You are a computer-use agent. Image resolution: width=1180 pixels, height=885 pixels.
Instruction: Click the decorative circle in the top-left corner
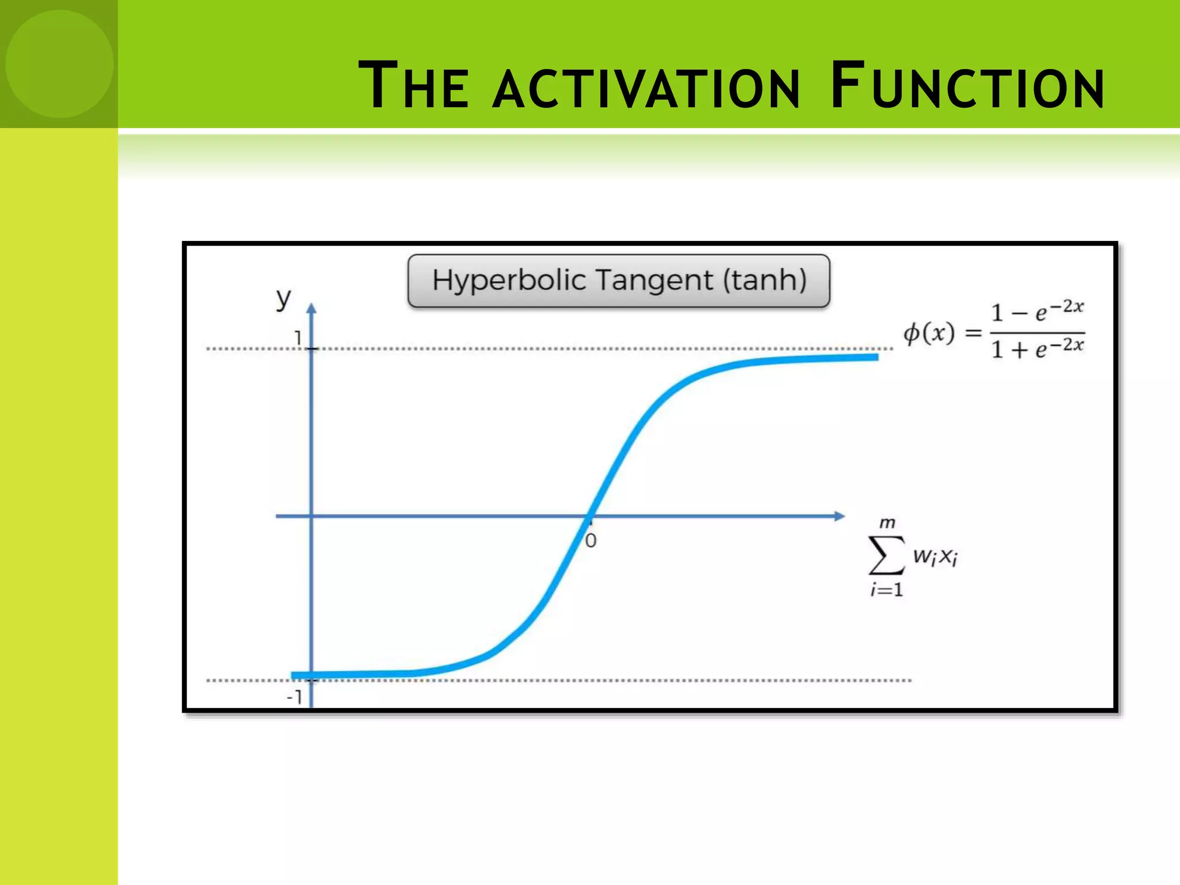[x=59, y=63]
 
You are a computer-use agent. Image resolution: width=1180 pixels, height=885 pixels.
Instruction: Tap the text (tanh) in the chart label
[x=765, y=281]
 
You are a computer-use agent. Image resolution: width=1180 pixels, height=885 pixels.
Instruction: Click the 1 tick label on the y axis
[x=298, y=338]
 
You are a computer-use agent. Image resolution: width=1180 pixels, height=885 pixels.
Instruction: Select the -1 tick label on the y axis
[x=294, y=697]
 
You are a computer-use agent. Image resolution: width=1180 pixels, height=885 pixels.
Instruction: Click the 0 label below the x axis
[x=591, y=541]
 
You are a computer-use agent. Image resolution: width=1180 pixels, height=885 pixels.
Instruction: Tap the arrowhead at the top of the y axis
[x=311, y=308]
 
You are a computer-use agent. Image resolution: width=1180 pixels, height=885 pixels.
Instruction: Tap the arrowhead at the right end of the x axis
[x=839, y=516]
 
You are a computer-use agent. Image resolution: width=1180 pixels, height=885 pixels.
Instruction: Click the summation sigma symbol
[x=886, y=555]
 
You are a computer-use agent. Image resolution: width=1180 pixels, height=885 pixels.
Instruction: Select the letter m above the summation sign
[x=887, y=523]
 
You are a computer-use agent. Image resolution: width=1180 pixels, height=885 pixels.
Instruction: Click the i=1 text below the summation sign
[x=886, y=590]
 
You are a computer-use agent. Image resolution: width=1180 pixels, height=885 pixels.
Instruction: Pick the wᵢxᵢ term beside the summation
[x=935, y=557]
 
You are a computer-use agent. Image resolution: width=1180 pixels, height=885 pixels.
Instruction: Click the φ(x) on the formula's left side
[x=928, y=333]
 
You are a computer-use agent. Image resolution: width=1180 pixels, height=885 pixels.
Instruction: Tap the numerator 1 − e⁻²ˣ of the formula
[x=1037, y=312]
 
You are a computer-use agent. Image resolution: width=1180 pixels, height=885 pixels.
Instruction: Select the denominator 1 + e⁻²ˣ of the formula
[x=1037, y=349]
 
